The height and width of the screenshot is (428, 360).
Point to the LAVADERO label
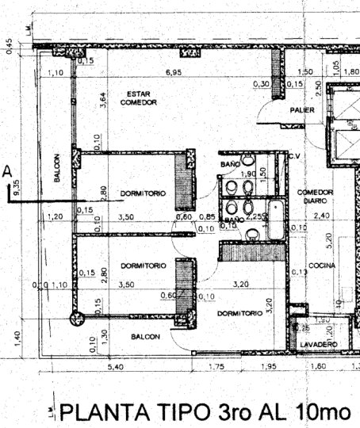(x=318, y=344)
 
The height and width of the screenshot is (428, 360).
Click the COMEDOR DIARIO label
(x=316, y=197)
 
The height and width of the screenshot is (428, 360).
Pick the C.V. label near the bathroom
(x=297, y=155)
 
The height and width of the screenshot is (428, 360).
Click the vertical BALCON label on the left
(x=57, y=168)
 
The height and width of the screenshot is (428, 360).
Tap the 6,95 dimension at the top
(x=174, y=72)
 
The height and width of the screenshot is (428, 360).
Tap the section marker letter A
(x=7, y=170)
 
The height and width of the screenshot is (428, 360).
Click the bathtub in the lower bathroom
(x=275, y=222)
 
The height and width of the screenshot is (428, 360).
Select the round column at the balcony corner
(x=77, y=319)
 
